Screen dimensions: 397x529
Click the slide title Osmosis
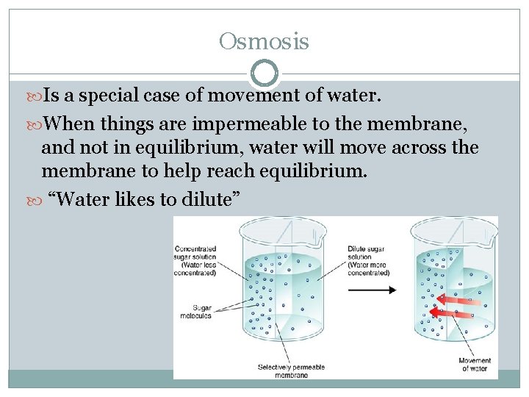264,42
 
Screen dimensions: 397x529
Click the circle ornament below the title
264,74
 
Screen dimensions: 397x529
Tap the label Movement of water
475,365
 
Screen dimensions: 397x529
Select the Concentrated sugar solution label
195,260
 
